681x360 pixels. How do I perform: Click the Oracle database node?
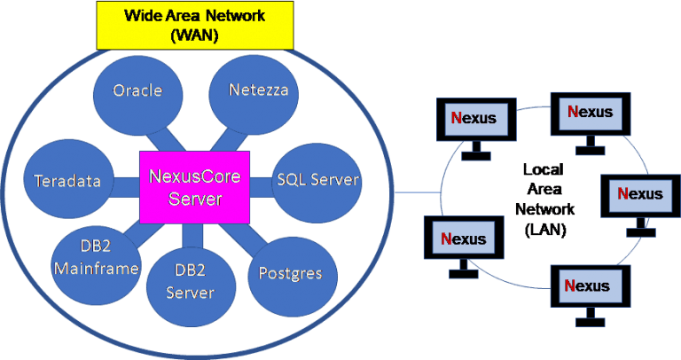[137, 90]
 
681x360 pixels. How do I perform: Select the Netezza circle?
[253, 90]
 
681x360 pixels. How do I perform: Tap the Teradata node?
[67, 181]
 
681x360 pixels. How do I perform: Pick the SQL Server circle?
[317, 180]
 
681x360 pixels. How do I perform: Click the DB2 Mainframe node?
[96, 257]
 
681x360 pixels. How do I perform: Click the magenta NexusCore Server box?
[195, 187]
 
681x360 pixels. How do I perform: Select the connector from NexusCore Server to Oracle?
[163, 138]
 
